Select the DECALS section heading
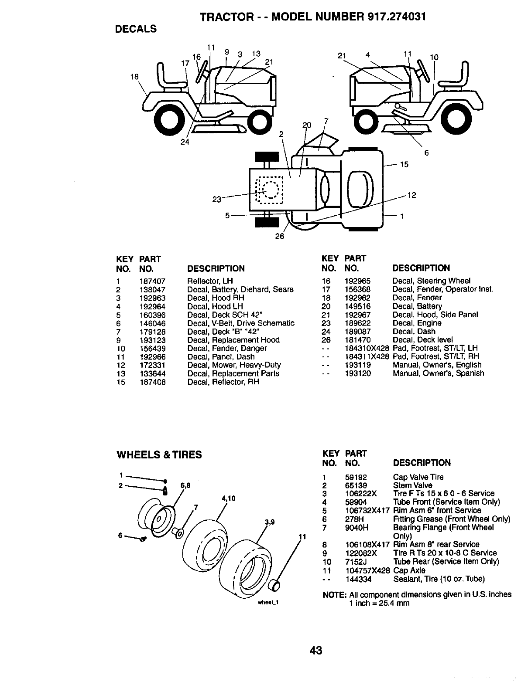click(x=135, y=29)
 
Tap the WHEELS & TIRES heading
click(x=159, y=455)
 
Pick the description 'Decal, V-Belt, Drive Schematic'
click(x=240, y=323)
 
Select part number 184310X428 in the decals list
click(x=367, y=348)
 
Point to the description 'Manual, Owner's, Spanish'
click(x=438, y=373)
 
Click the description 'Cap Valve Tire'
click(x=418, y=477)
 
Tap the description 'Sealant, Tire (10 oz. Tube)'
click(x=439, y=579)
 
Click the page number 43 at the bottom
click(x=316, y=650)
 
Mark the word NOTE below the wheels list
click(x=334, y=595)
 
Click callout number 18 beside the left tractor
click(x=134, y=77)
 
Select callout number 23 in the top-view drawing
click(x=217, y=200)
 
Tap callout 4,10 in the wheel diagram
click(x=228, y=498)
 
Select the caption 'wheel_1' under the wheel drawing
click(x=268, y=603)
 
